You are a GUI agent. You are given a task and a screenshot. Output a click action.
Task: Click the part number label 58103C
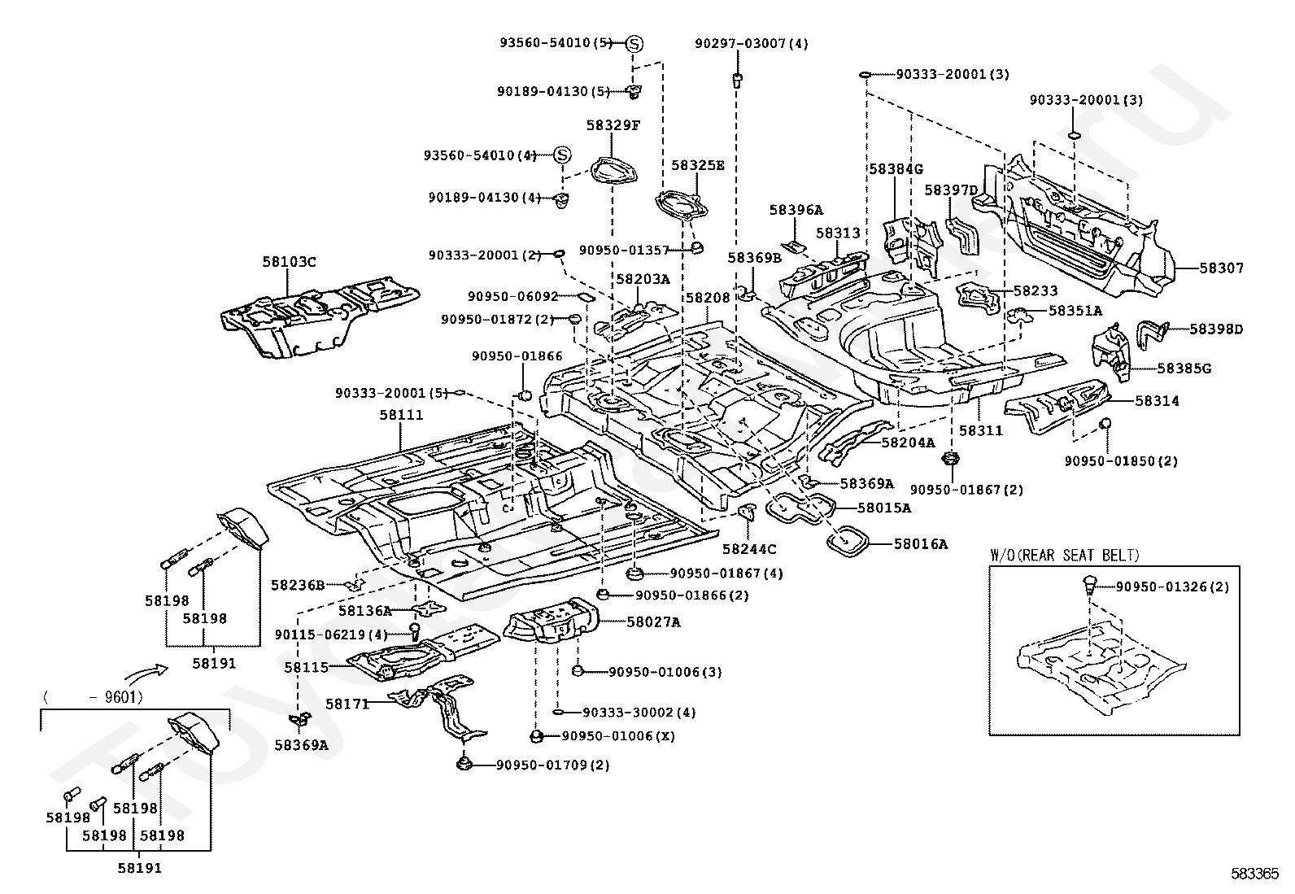pyautogui.click(x=289, y=262)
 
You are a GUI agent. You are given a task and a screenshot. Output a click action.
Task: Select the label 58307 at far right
pyautogui.click(x=1222, y=268)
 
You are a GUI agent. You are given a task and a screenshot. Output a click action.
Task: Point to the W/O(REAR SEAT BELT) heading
pyautogui.click(x=1065, y=556)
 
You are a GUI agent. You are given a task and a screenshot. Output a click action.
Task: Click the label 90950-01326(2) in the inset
pyautogui.click(x=1172, y=587)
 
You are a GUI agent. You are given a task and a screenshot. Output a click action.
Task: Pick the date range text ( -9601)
pyautogui.click(x=92, y=696)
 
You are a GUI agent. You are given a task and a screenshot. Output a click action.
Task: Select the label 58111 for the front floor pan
pyautogui.click(x=401, y=415)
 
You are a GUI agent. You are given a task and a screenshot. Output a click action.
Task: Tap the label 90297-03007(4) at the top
pyautogui.click(x=752, y=43)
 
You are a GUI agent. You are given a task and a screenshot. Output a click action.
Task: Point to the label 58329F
pyautogui.click(x=613, y=125)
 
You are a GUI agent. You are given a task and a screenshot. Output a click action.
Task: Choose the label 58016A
pyautogui.click(x=921, y=543)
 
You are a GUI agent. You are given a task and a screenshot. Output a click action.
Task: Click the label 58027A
pyautogui.click(x=654, y=622)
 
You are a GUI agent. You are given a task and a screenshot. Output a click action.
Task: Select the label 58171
pyautogui.click(x=347, y=703)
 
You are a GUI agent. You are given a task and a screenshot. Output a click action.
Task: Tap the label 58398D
pyautogui.click(x=1216, y=329)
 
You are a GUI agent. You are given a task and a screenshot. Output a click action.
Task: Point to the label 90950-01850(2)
pyautogui.click(x=1120, y=461)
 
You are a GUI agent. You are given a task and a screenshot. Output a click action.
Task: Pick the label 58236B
pyautogui.click(x=298, y=585)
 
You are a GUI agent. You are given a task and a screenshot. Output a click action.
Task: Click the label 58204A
pyautogui.click(x=908, y=443)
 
